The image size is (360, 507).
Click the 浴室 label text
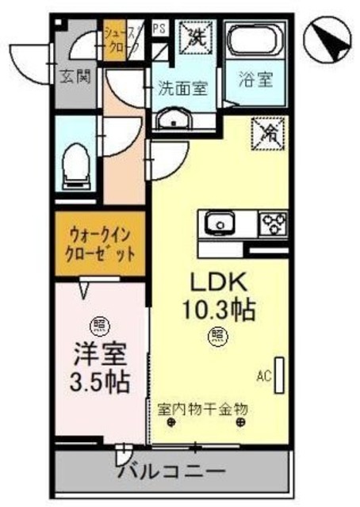(x=255, y=81)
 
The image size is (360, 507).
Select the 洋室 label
(x=97, y=351)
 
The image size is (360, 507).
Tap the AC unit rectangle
(x=278, y=372)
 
